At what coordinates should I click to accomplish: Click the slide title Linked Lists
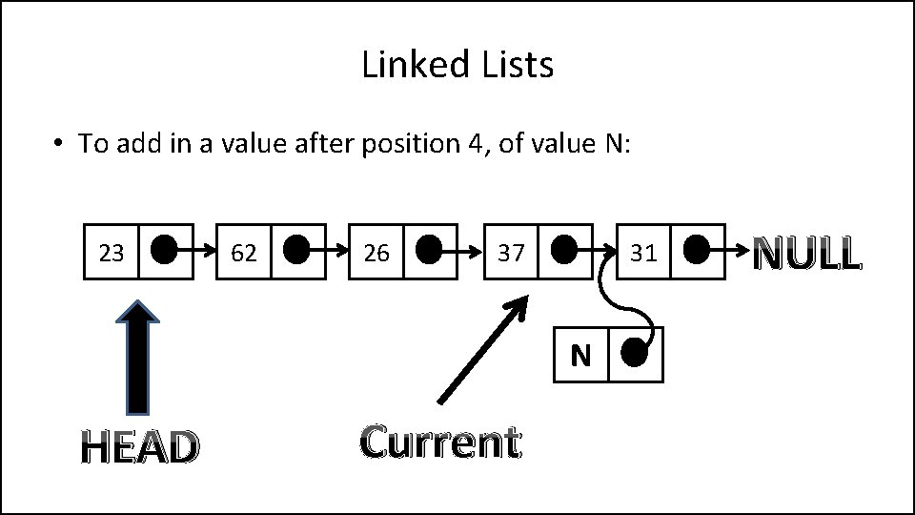point(457,65)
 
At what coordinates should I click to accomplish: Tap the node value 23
point(112,253)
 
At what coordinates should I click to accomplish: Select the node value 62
point(244,253)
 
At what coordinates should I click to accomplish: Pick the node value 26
point(376,253)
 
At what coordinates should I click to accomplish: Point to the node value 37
point(511,253)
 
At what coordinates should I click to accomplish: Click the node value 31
point(643,253)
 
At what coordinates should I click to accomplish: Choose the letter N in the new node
point(580,356)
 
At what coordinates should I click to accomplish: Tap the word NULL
point(807,254)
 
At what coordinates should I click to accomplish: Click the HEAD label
point(139,446)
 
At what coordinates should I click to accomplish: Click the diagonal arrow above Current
point(481,349)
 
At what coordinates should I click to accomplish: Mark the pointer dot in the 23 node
point(164,251)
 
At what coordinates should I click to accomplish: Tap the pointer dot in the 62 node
point(296,251)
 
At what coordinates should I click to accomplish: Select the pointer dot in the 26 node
point(429,251)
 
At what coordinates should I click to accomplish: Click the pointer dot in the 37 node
point(563,251)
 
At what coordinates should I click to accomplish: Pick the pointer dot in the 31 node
point(696,251)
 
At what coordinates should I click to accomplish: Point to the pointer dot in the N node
point(634,354)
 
